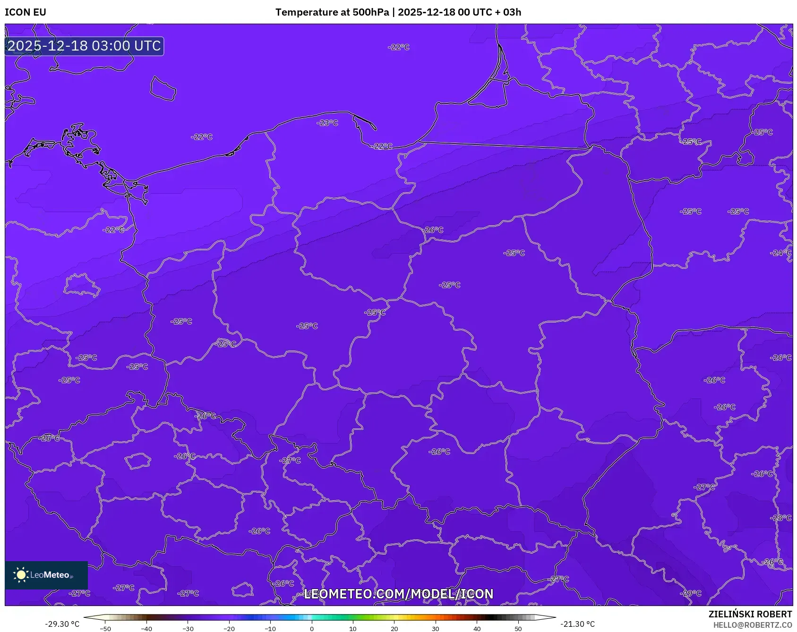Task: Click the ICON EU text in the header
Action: point(26,12)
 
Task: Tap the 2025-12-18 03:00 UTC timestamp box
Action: point(84,46)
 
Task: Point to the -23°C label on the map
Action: point(327,123)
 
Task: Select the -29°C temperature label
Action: point(691,593)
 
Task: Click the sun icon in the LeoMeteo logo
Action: point(21,575)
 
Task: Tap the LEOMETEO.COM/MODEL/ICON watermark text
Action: point(398,594)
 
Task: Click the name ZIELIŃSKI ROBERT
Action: point(750,614)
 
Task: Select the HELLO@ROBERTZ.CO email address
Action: point(752,625)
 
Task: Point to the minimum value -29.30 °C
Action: point(62,624)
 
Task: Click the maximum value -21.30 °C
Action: point(577,624)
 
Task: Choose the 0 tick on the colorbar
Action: point(312,629)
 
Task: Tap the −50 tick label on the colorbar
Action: point(105,629)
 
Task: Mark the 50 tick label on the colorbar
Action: point(518,629)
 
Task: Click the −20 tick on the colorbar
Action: point(229,629)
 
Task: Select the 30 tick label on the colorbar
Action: point(436,629)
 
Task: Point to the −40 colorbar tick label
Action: point(146,629)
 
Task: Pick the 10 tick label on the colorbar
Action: point(353,629)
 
